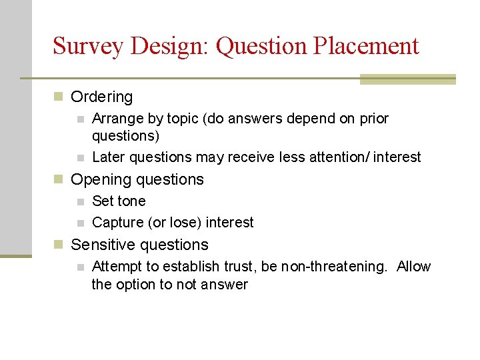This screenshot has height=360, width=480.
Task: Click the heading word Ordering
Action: (101, 97)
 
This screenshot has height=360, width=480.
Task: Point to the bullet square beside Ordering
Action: (59, 97)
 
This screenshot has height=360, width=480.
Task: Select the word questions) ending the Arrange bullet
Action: (126, 136)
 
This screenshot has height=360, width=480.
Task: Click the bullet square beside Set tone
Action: (80, 202)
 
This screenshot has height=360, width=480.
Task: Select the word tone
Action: (132, 201)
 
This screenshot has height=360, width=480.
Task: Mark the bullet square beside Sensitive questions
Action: (59, 245)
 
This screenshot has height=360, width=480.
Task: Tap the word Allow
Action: (413, 267)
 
